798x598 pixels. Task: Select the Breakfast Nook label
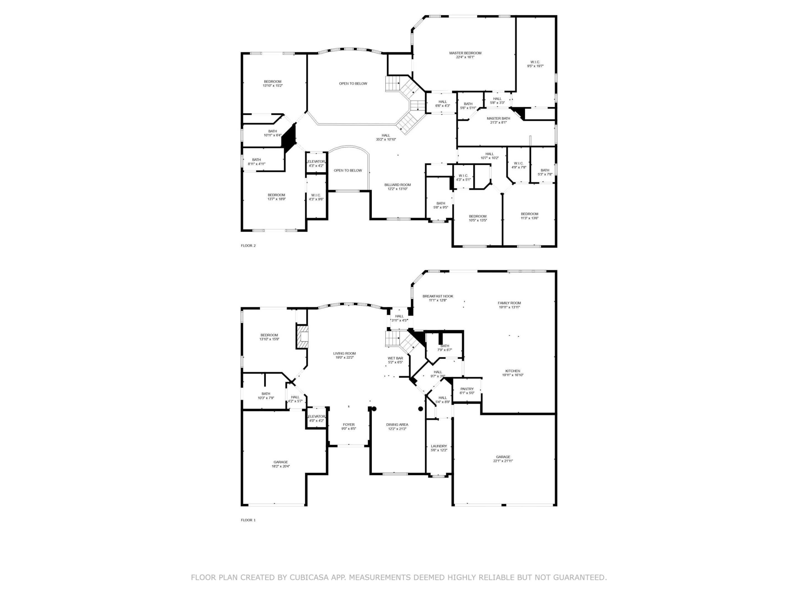438,296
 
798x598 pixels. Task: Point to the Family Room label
509,303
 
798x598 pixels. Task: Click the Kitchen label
512,371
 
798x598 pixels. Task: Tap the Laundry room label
439,446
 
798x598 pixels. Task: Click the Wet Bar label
395,358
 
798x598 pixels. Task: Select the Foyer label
349,425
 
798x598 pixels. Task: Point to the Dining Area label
397,425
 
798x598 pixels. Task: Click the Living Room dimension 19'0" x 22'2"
344,358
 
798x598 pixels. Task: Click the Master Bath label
498,118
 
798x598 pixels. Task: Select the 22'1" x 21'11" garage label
503,461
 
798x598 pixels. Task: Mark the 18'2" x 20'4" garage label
281,466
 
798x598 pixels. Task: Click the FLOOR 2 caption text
248,246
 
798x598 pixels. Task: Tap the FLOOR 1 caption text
248,520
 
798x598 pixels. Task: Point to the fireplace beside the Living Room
303,337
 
